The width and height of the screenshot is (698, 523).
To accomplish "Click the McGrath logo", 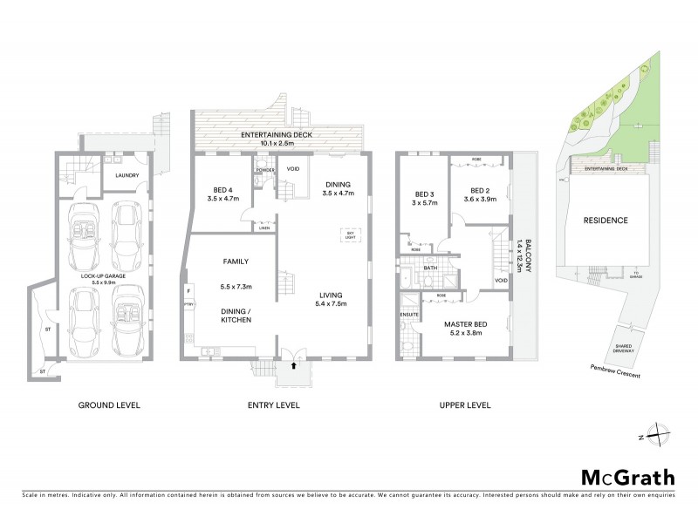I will coord(627,477).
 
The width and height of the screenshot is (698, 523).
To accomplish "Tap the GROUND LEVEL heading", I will coord(109,405).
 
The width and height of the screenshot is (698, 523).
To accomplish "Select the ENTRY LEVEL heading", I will coord(275,405).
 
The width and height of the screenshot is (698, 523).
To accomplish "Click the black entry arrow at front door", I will coord(292,366).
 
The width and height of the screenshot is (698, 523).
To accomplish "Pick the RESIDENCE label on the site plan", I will coord(605,221).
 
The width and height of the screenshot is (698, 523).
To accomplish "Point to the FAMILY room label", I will coord(236,261).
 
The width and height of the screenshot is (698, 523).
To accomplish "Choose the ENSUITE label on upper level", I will coord(409,313).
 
